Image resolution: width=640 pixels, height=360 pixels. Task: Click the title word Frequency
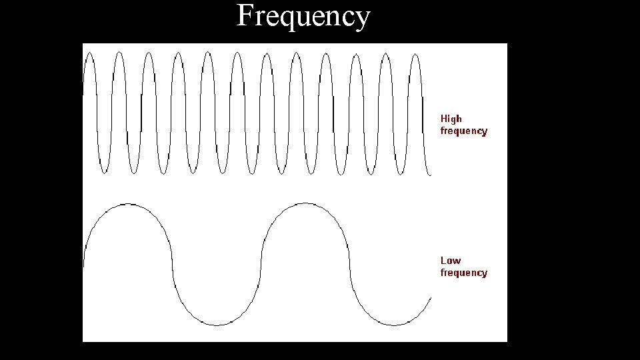[x=303, y=16]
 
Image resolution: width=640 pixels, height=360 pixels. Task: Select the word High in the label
[x=451, y=119]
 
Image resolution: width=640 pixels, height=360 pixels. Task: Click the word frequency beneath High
[x=463, y=131]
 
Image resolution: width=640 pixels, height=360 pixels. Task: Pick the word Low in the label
[x=450, y=260]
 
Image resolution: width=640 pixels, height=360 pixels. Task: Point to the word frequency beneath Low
[x=463, y=273]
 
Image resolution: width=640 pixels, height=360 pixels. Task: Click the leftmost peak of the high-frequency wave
[x=89, y=54]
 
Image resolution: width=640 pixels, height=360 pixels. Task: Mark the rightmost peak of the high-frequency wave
[x=415, y=54]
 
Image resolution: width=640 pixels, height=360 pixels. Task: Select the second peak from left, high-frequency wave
[x=119, y=53]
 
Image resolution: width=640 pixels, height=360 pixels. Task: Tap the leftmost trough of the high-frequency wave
[x=104, y=173]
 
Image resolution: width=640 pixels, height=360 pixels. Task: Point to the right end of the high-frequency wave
[x=431, y=175]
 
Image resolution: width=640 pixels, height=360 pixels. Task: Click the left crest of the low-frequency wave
[x=128, y=204]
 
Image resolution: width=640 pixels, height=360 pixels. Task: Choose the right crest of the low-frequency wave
[x=304, y=204]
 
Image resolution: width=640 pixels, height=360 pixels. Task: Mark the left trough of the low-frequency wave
[x=216, y=325]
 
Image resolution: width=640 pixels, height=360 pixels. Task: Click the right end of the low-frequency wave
[x=431, y=298]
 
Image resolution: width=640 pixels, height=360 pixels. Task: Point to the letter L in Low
[x=443, y=260]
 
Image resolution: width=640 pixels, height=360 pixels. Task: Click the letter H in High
[x=444, y=119]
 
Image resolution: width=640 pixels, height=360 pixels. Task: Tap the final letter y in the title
[x=362, y=19]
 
